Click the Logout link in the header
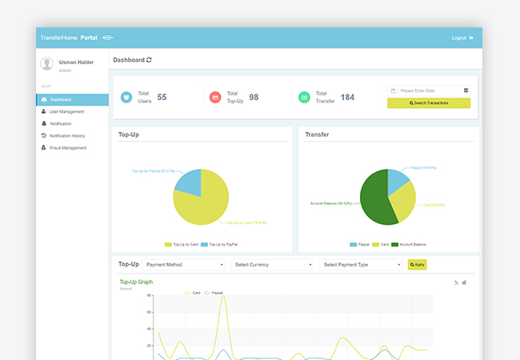(462, 38)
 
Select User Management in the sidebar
(66, 111)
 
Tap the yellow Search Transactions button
(429, 103)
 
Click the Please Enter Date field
(429, 90)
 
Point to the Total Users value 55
(162, 97)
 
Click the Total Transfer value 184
(347, 97)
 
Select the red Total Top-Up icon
(214, 97)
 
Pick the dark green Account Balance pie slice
(374, 200)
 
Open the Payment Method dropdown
(185, 264)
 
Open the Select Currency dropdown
(272, 264)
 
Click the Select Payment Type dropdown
(361, 264)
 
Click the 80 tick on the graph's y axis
(149, 295)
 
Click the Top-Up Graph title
(136, 282)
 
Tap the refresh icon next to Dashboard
(149, 60)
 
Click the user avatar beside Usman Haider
(47, 64)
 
